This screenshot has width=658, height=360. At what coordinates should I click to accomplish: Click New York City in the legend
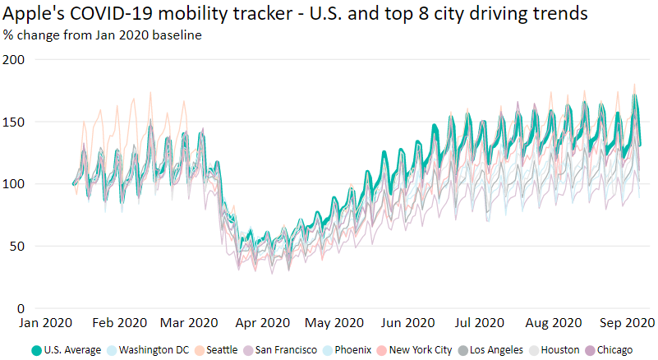(419, 350)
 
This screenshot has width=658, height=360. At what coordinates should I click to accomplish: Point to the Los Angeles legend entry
(495, 350)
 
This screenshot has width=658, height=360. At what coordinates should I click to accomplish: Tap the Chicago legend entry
(614, 350)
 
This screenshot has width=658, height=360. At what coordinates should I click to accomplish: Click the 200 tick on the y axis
(14, 60)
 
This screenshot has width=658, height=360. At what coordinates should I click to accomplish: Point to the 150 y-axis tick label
(14, 122)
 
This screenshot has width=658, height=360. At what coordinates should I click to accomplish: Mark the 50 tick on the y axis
(16, 246)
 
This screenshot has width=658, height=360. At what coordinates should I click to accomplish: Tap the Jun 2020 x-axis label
(409, 323)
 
